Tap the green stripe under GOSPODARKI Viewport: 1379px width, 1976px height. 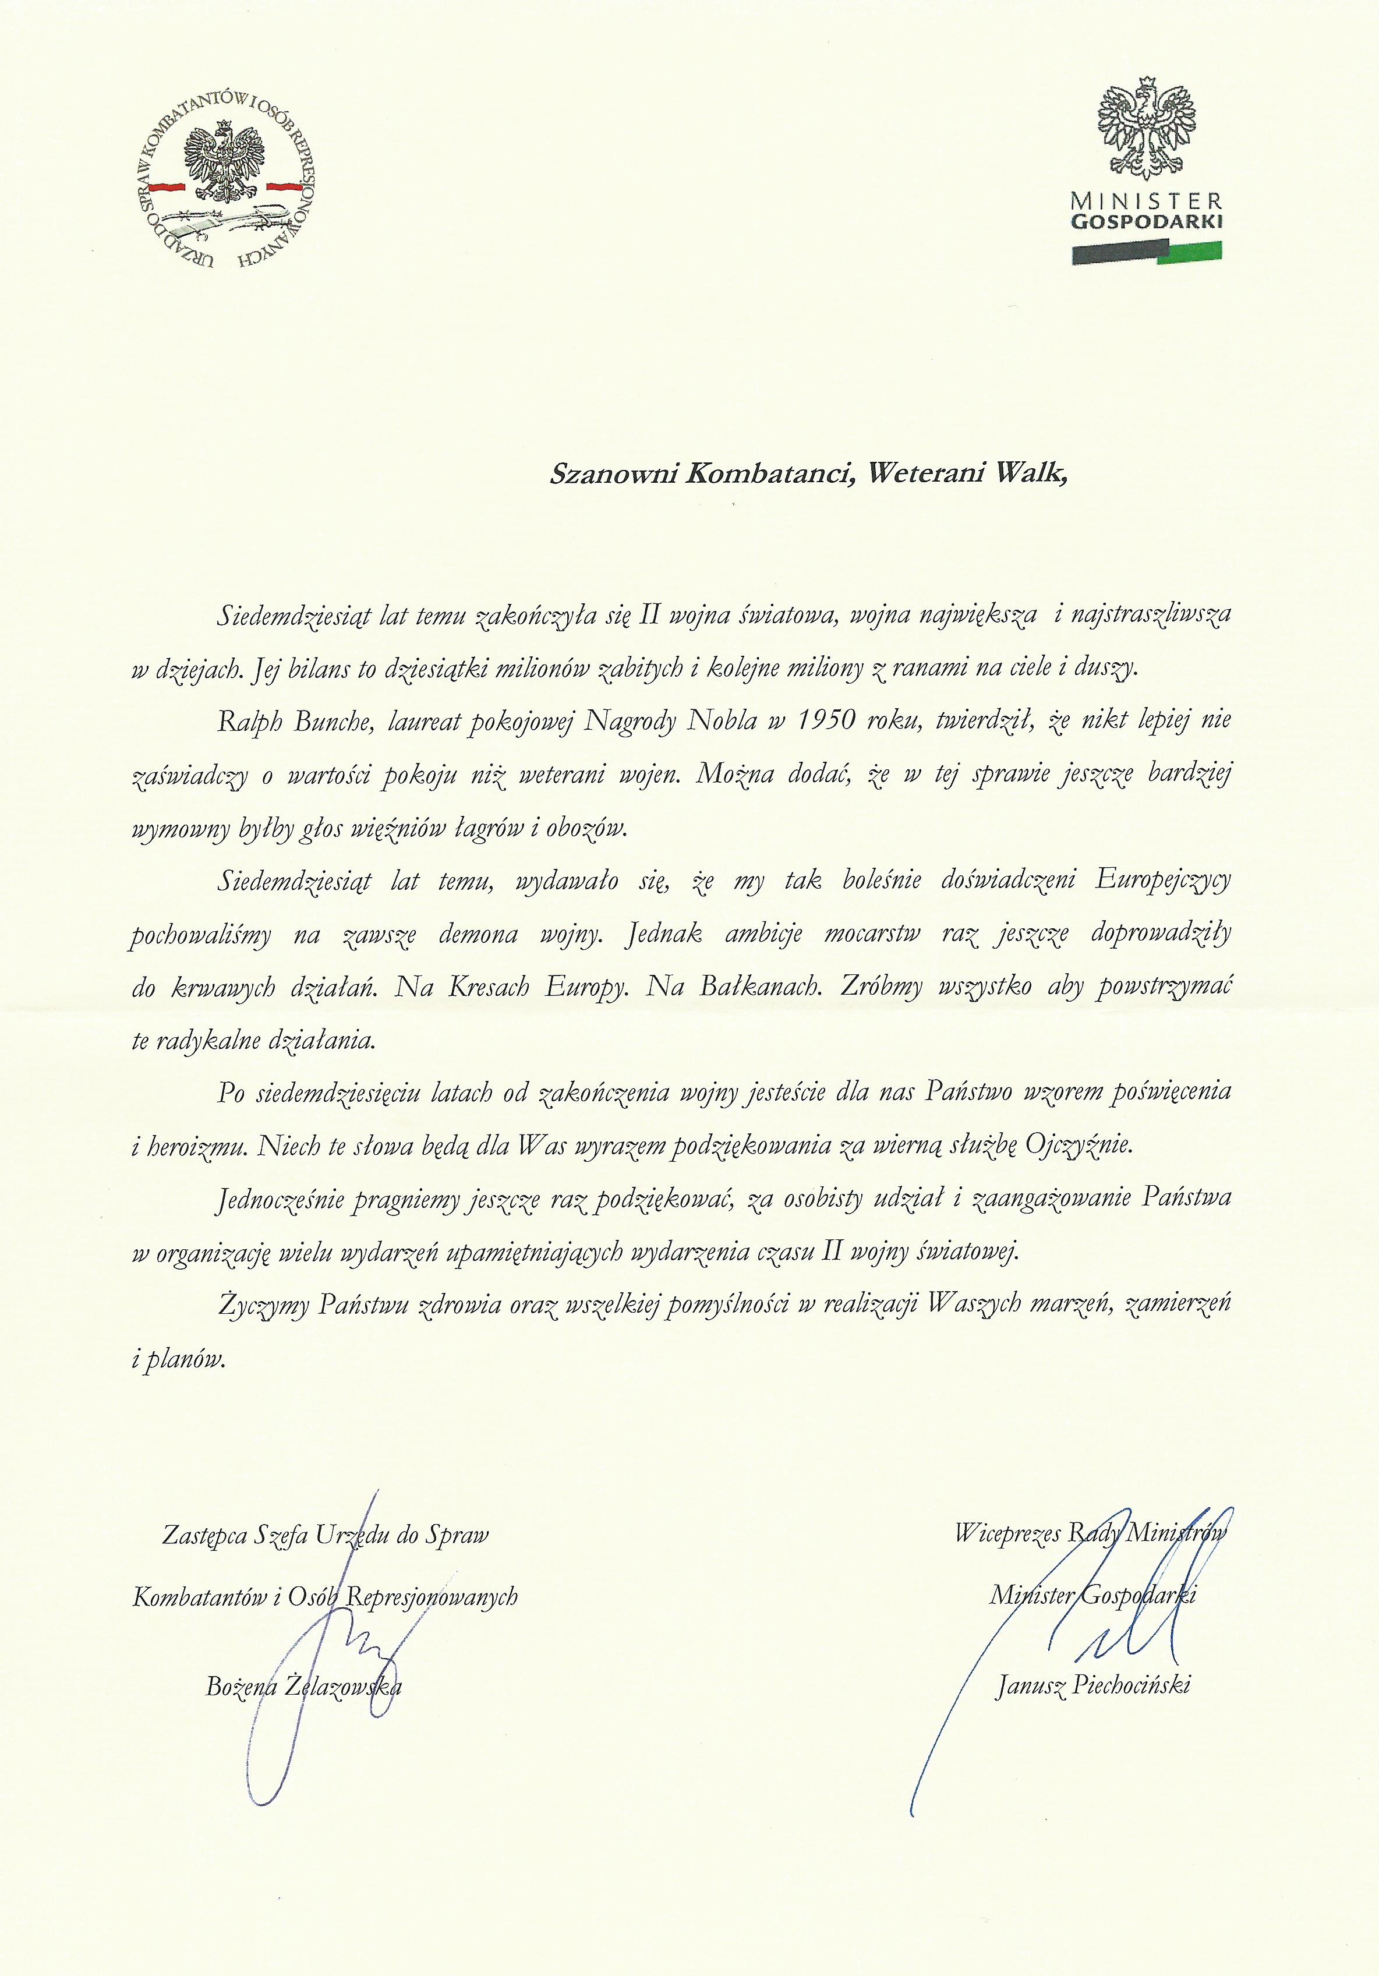coord(1190,252)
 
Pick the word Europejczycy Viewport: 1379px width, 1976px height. coord(1162,881)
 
